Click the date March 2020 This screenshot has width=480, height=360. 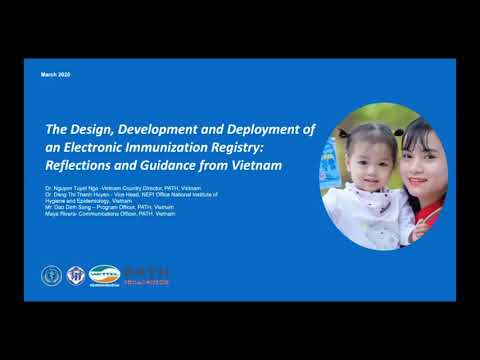pyautogui.click(x=56, y=76)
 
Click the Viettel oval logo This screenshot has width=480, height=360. pyautogui.click(x=103, y=273)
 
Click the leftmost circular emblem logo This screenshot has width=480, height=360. pyautogui.click(x=51, y=274)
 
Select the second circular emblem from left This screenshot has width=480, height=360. pyautogui.click(x=74, y=274)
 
